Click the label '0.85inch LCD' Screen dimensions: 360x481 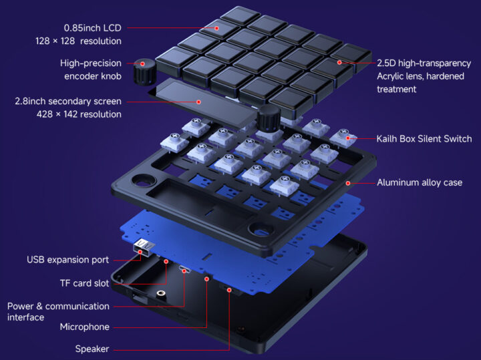pyautogui.click(x=93, y=28)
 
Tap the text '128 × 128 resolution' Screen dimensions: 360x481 pyautogui.click(x=78, y=41)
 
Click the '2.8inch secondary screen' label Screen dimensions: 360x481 pyautogui.click(x=68, y=102)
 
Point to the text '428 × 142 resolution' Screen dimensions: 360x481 pyautogui.click(x=79, y=114)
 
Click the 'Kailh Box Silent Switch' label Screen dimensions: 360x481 pyautogui.click(x=424, y=139)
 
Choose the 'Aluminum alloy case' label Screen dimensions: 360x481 pyautogui.click(x=420, y=182)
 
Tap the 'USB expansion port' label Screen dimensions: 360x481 pyautogui.click(x=68, y=259)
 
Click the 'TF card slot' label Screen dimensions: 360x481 pyautogui.click(x=84, y=283)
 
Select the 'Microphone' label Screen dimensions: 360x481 pyautogui.click(x=85, y=327)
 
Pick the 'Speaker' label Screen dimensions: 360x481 pyautogui.click(x=92, y=349)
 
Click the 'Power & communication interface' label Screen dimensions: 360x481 pyautogui.click(x=58, y=311)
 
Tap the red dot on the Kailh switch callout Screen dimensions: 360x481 pyautogui.click(x=347, y=139)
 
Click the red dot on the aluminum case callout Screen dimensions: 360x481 pyautogui.click(x=348, y=182)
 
